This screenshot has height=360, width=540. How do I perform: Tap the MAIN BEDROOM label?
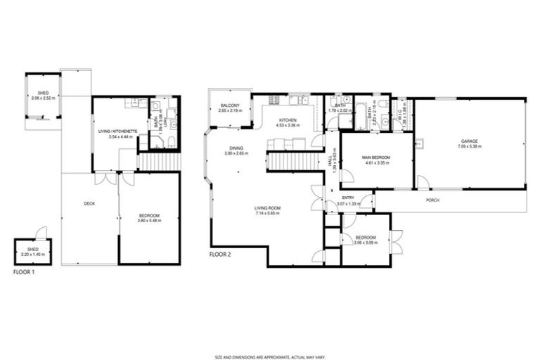(x=376, y=157)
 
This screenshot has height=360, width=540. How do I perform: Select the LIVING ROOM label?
(x=268, y=208)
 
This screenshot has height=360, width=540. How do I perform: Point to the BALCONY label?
(x=230, y=105)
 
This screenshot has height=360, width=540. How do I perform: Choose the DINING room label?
(x=236, y=148)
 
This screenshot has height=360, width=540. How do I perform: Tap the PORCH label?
(x=433, y=200)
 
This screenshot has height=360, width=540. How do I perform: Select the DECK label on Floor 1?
(x=89, y=204)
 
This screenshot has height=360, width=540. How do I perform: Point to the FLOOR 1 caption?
(x=24, y=271)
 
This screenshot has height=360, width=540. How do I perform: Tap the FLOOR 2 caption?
(x=220, y=254)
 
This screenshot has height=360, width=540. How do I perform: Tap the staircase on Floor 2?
(x=289, y=162)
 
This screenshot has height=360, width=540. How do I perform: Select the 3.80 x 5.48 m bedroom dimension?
(x=150, y=220)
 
